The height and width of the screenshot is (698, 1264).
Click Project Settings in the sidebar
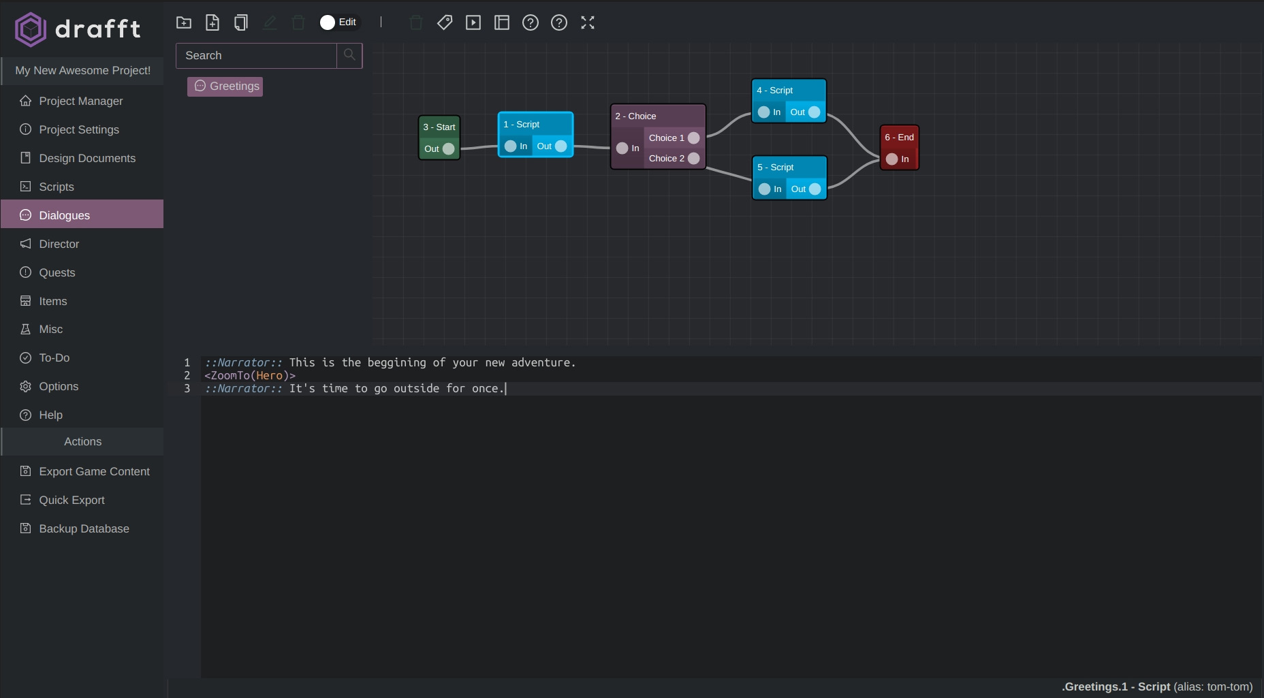coord(79,129)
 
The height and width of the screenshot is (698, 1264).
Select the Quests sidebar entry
coord(57,272)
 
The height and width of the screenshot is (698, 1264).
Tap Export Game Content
coord(94,471)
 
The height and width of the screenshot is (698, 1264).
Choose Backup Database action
coord(84,528)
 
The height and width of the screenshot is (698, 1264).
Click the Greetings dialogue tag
coord(225,86)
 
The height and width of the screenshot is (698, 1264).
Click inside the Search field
coord(256,56)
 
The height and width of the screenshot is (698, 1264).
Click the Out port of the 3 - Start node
coord(448,148)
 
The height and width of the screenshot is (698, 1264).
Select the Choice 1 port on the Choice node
coord(694,138)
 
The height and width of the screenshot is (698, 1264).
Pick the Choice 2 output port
coord(694,158)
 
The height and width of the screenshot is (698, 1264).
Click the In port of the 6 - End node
coord(891,159)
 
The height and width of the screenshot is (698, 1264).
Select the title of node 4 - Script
coord(775,90)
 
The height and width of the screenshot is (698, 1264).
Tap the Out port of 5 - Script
coord(815,189)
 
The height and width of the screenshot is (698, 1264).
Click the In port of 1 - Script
coord(510,146)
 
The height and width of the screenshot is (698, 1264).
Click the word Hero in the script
coord(269,375)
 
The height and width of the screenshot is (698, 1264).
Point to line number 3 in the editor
coord(187,388)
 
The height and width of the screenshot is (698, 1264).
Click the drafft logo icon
coord(31,29)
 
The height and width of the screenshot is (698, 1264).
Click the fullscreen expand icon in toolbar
coord(588,22)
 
